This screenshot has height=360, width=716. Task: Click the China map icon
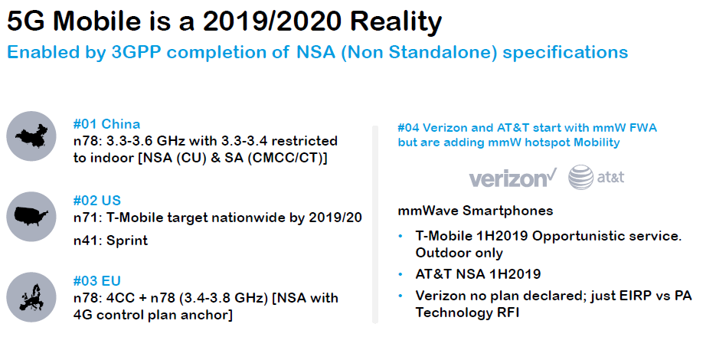point(31,136)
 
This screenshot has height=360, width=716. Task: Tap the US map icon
point(31,217)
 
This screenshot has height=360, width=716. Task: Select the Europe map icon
point(31,297)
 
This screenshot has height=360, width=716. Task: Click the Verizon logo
point(513,178)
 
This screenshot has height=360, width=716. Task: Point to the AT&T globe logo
point(580,177)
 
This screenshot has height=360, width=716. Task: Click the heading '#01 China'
point(107,124)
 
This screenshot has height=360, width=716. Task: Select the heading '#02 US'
point(97,201)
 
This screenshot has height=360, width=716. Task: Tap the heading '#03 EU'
point(97,281)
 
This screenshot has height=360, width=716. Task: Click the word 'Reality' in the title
point(397,21)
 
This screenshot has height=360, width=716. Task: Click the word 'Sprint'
point(127,241)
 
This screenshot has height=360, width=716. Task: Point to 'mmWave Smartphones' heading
point(476,211)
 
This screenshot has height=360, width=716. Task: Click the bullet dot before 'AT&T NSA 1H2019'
point(401,274)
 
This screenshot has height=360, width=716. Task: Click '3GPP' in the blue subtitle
point(136,52)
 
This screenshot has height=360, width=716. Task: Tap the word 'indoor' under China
point(113,158)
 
